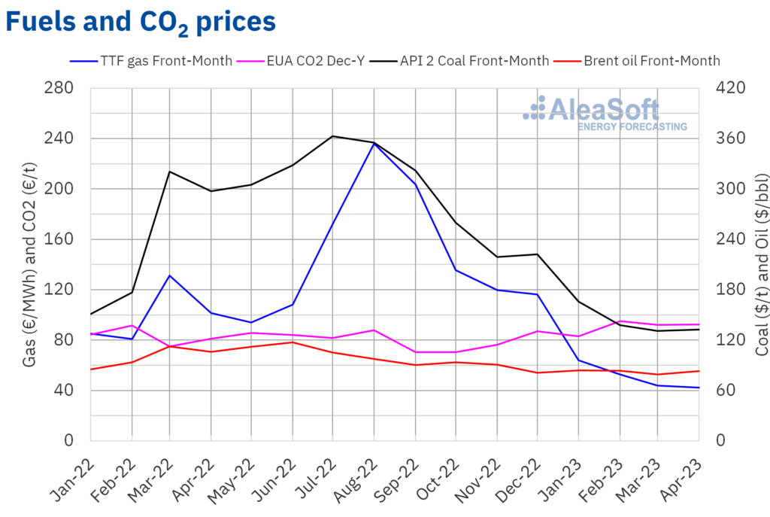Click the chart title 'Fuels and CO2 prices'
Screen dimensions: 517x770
click(141, 23)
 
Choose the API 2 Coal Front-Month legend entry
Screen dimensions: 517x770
click(474, 61)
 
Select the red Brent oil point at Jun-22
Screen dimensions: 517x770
click(293, 342)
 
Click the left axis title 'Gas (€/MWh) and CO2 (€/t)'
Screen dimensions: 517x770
click(30, 263)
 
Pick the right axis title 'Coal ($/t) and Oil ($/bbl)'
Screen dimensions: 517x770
click(761, 263)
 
